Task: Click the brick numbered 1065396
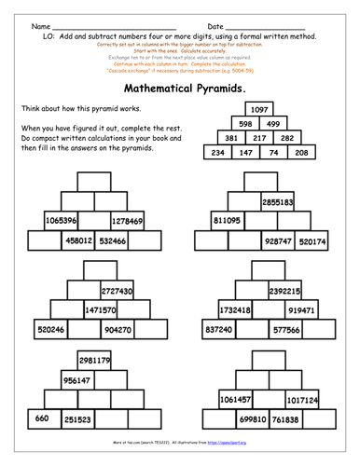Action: click(x=61, y=221)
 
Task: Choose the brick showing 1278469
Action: click(x=126, y=221)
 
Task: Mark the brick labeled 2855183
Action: click(x=279, y=201)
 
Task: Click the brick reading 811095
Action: click(x=227, y=221)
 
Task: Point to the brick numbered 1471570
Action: click(x=101, y=309)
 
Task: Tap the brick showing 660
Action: click(x=42, y=418)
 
